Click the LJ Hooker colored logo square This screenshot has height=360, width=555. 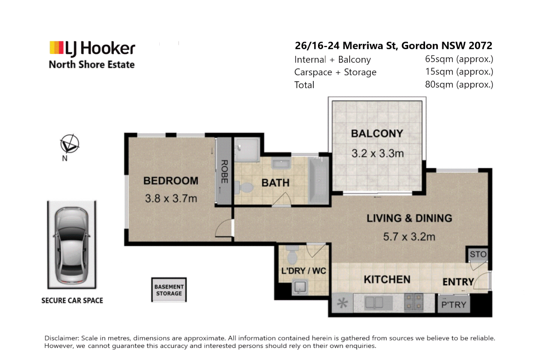(56, 48)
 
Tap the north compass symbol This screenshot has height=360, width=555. (70, 144)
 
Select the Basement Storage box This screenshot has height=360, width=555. (169, 290)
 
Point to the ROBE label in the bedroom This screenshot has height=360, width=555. (224, 171)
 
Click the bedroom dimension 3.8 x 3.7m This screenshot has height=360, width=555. (171, 198)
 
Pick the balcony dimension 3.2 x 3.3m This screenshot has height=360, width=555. (378, 153)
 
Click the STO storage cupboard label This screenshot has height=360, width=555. (478, 254)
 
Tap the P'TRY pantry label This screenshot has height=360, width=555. (454, 305)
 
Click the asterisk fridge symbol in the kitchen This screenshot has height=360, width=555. (342, 303)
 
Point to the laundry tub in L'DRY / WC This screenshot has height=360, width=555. (300, 287)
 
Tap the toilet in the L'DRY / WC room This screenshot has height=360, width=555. (292, 255)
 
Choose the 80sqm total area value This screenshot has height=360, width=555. (459, 84)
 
